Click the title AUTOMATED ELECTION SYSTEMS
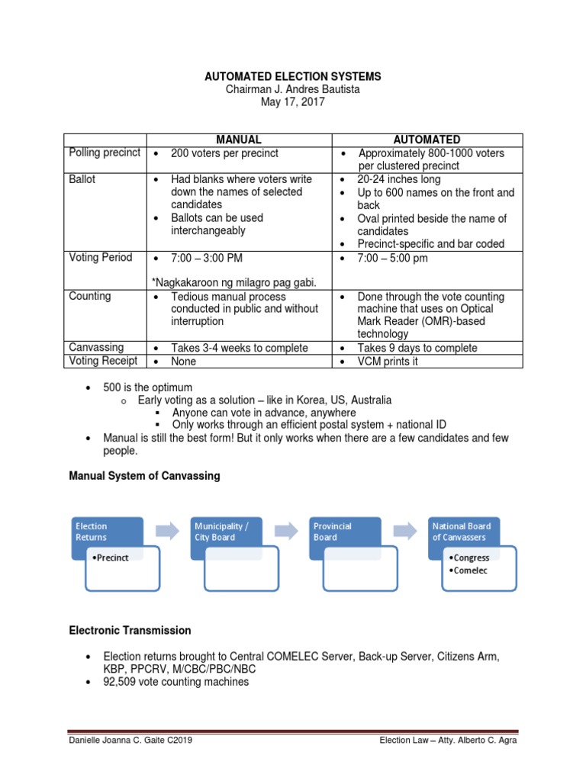(x=292, y=77)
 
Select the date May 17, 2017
(x=292, y=102)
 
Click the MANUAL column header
(x=238, y=140)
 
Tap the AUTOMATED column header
(x=427, y=140)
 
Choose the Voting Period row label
(x=101, y=257)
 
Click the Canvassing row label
(x=96, y=347)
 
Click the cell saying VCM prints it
(x=388, y=362)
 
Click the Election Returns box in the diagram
(x=109, y=532)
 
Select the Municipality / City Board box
(x=227, y=532)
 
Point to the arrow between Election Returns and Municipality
(x=166, y=531)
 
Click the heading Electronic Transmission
(x=130, y=631)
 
